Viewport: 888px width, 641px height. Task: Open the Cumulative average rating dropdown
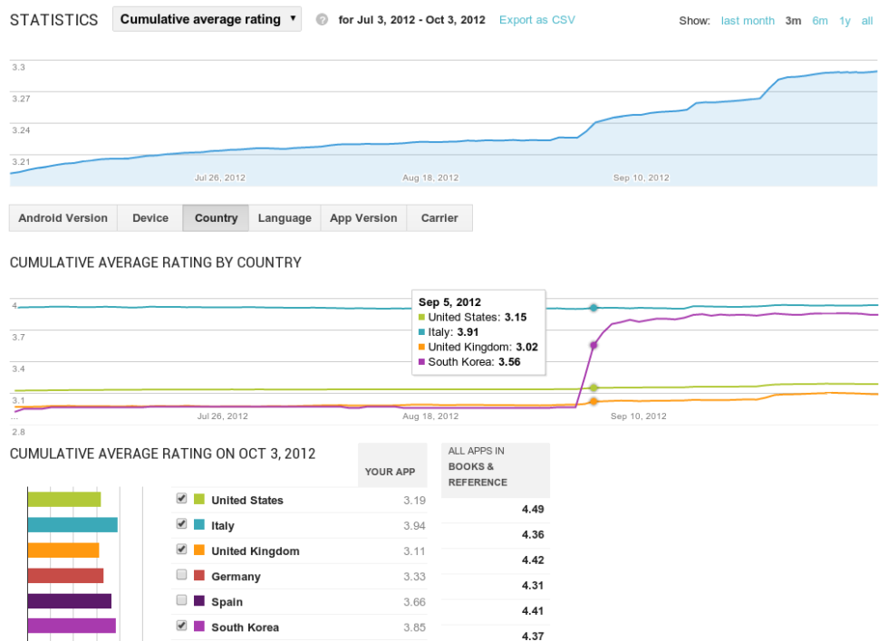tap(207, 19)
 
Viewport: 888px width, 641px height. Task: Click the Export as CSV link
tap(536, 20)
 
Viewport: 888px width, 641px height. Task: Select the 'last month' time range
tap(748, 21)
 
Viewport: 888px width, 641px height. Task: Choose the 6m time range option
tap(820, 21)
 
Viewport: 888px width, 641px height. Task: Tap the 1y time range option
tap(845, 21)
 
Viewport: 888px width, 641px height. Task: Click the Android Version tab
tap(63, 218)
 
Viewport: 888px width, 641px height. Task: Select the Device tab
tap(150, 218)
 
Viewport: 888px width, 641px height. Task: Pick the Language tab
tap(285, 218)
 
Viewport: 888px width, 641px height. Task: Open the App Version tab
tap(363, 218)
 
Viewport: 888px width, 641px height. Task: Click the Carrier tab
tap(439, 218)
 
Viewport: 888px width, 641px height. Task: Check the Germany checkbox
tap(182, 575)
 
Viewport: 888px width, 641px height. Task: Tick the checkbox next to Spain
tap(182, 600)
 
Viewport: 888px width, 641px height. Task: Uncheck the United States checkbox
tap(182, 499)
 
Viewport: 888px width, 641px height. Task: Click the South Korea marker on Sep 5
tap(594, 345)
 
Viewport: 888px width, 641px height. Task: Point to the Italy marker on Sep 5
tap(594, 308)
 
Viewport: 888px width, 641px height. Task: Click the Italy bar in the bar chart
tap(72, 525)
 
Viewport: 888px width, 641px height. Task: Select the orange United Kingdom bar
tap(63, 550)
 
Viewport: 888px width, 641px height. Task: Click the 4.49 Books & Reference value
tap(533, 509)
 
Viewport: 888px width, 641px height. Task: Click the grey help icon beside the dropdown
tap(322, 20)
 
